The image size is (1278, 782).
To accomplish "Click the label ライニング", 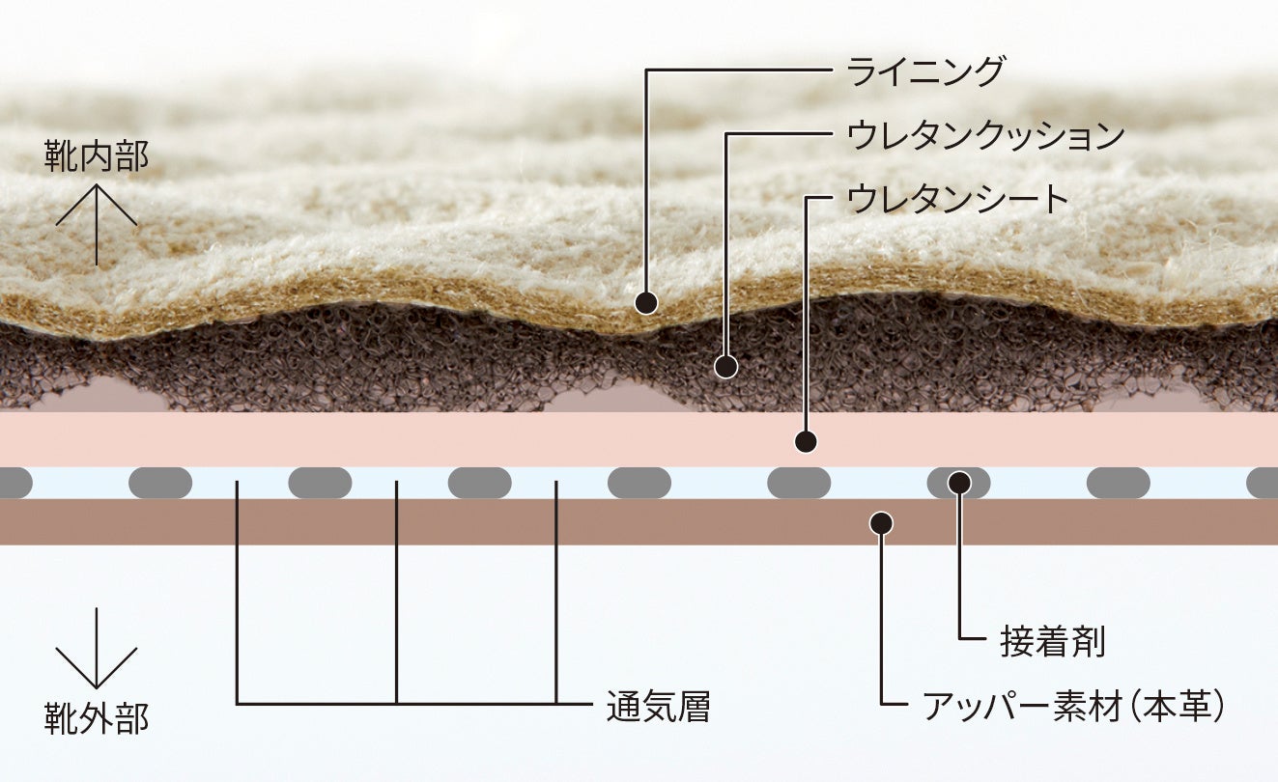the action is click(x=925, y=71).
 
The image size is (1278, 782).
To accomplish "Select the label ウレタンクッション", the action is click(x=985, y=135).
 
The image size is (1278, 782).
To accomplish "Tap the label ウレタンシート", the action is click(x=957, y=199).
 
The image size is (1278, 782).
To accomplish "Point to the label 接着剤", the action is click(x=1052, y=642).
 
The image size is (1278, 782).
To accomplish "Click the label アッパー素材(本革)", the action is click(x=1073, y=707).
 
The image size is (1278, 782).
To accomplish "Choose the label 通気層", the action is click(x=658, y=707).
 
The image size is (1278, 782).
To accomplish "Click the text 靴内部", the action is click(x=97, y=156).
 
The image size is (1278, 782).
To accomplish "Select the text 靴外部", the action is click(x=97, y=718).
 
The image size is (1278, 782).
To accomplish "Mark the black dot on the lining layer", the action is click(x=646, y=302).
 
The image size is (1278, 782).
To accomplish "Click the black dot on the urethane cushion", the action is click(x=725, y=366).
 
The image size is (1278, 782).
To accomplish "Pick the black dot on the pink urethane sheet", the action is click(x=806, y=442).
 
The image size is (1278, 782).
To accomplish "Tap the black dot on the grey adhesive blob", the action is click(x=958, y=482).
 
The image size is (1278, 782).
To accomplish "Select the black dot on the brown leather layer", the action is click(x=880, y=522).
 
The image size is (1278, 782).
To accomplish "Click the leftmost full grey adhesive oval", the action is click(x=160, y=483).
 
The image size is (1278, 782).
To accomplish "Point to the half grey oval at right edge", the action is click(x=1264, y=483).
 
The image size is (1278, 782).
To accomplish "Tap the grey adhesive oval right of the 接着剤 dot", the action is click(x=1118, y=483).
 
